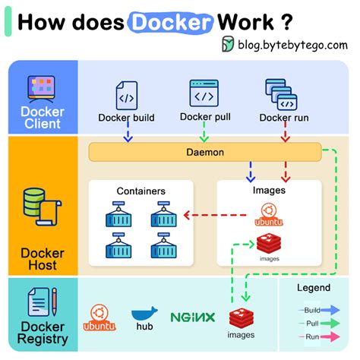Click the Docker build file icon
click(x=125, y=96)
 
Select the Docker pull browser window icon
click(x=204, y=93)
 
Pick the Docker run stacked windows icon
click(x=280, y=94)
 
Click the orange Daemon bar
click(x=205, y=152)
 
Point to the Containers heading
click(x=141, y=191)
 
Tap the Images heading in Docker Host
click(x=268, y=191)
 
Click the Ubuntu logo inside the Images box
click(x=267, y=215)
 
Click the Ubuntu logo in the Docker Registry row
click(x=98, y=317)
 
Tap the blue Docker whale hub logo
click(x=144, y=315)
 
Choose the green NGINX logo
click(x=192, y=317)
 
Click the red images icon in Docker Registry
click(x=242, y=319)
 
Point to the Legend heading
click(x=313, y=288)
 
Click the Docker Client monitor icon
click(x=42, y=89)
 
